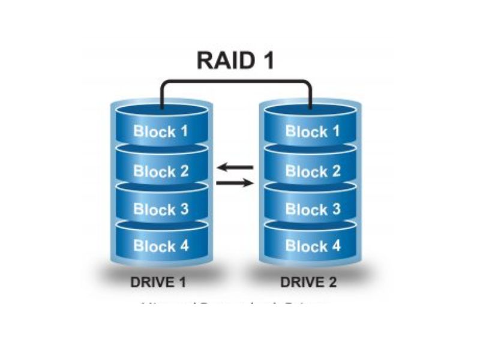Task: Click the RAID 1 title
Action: point(235,61)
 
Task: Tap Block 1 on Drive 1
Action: point(161,131)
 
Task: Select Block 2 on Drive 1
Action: point(161,171)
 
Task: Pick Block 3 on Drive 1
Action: point(161,209)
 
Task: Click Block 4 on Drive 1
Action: point(161,245)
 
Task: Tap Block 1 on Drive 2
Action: point(313,131)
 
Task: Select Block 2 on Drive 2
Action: point(313,171)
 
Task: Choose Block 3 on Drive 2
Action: point(313,209)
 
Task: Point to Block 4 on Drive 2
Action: point(313,245)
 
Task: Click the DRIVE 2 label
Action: point(308,282)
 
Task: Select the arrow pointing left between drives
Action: point(235,167)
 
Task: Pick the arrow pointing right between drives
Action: point(235,182)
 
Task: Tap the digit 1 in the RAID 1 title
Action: point(267,61)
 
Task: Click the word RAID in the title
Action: point(223,61)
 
